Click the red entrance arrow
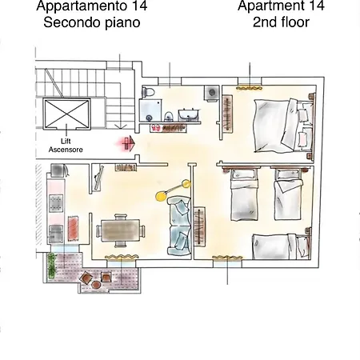(x=130, y=143)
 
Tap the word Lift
(x=66, y=141)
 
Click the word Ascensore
(x=66, y=150)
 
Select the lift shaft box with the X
(x=66, y=114)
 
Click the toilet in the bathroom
(x=148, y=92)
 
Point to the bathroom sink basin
(x=189, y=115)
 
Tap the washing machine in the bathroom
(x=212, y=93)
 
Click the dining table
(x=121, y=230)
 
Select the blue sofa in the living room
(x=179, y=226)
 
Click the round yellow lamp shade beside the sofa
(x=161, y=195)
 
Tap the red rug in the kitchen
(x=73, y=227)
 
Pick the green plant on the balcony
(x=51, y=266)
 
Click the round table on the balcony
(x=96, y=285)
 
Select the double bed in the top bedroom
(x=284, y=126)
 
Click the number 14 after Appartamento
(x=139, y=6)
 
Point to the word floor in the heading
(x=293, y=22)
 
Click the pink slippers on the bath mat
(x=156, y=127)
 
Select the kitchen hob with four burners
(x=56, y=203)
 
